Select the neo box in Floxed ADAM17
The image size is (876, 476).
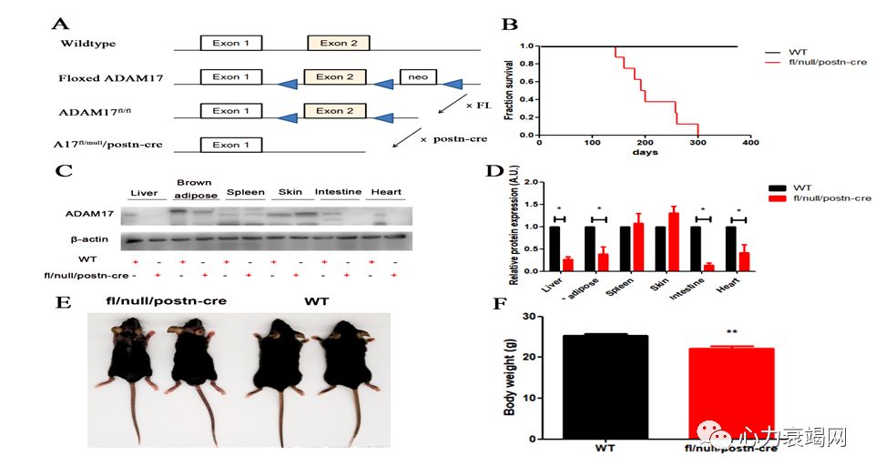[419, 77]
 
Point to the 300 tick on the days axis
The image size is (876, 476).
[698, 143]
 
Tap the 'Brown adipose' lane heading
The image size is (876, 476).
[193, 188]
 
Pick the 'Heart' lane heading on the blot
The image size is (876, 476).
[384, 192]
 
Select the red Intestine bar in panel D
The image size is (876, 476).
[708, 268]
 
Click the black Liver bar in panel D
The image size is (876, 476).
[555, 248]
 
